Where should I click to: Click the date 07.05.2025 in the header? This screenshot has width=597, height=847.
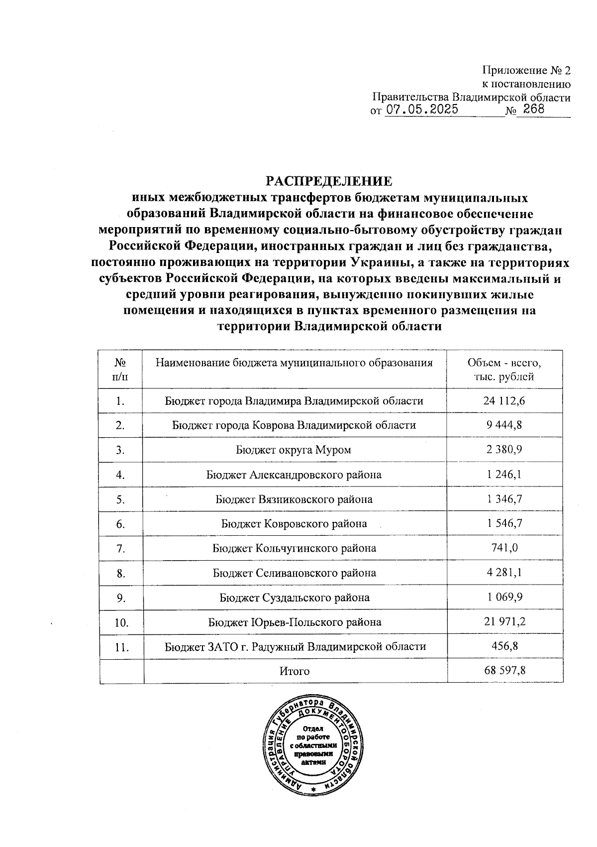pyautogui.click(x=422, y=110)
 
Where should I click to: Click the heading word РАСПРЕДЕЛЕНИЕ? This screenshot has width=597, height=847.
pyautogui.click(x=328, y=180)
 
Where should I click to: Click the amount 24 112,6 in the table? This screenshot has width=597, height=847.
pyautogui.click(x=504, y=401)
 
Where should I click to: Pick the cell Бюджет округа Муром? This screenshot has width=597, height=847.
pyautogui.click(x=294, y=450)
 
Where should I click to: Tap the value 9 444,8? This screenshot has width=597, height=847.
pyautogui.click(x=504, y=425)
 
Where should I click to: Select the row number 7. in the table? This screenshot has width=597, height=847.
pyautogui.click(x=120, y=549)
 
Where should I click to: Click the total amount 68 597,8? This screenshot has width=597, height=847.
pyautogui.click(x=504, y=671)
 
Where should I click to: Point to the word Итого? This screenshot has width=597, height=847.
pyautogui.click(x=295, y=671)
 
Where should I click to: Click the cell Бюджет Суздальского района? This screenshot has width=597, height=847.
pyautogui.click(x=295, y=598)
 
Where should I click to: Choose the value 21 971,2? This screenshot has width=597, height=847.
pyautogui.click(x=504, y=622)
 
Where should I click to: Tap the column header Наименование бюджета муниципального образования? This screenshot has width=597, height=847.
pyautogui.click(x=294, y=363)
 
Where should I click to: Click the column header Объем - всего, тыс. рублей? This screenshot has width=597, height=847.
pyautogui.click(x=504, y=369)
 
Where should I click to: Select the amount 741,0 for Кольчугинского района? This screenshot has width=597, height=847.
pyautogui.click(x=504, y=548)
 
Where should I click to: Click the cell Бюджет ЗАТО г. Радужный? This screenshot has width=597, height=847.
pyautogui.click(x=295, y=647)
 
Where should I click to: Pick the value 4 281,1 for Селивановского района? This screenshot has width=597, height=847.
pyautogui.click(x=504, y=573)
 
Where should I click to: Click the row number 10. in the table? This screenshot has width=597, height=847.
pyautogui.click(x=121, y=622)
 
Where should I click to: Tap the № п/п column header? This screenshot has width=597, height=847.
pyautogui.click(x=120, y=369)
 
